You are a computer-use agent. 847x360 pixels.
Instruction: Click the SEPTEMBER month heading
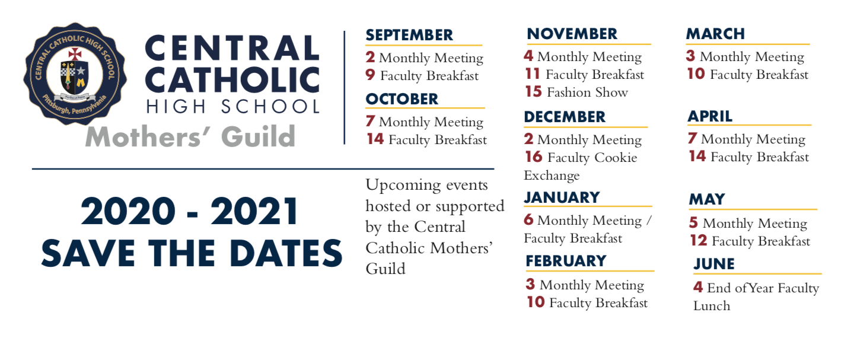tap(409, 35)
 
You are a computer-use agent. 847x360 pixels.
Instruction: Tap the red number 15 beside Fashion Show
tap(534, 91)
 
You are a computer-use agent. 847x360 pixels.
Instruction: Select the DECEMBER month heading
tap(565, 117)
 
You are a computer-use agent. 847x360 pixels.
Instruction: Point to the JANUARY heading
tap(562, 197)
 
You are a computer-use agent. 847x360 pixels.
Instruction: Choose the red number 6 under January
tap(528, 219)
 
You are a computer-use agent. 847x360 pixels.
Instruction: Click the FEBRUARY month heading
tap(566, 261)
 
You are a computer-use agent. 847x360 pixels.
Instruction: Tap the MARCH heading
tap(715, 34)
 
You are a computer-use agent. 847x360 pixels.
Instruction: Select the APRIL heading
tap(710, 116)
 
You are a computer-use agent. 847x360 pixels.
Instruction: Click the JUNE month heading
tap(714, 263)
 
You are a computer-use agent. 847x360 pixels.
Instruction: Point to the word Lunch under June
tap(712, 305)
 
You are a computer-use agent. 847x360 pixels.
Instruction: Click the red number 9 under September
tap(370, 75)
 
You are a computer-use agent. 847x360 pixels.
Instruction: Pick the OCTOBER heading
tap(402, 99)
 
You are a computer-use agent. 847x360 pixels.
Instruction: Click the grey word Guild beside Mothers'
tap(258, 136)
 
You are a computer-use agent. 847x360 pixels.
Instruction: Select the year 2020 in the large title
tap(128, 211)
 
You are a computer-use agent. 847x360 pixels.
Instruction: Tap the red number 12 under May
tap(698, 241)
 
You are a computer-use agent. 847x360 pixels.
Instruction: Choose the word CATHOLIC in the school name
tap(232, 80)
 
